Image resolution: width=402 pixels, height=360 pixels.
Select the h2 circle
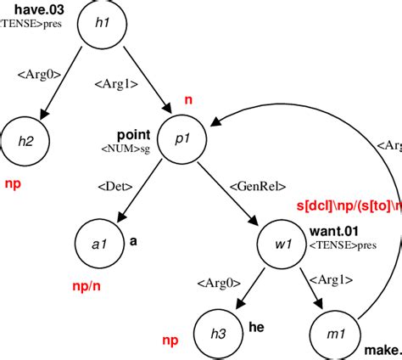(28, 141)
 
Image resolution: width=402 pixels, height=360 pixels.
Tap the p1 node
(182, 142)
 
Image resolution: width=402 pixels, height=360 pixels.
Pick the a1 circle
(99, 244)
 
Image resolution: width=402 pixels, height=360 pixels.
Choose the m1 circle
(336, 331)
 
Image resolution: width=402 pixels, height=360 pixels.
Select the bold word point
(133, 135)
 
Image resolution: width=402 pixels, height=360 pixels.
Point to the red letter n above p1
(188, 100)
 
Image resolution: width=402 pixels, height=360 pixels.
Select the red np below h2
(12, 183)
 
